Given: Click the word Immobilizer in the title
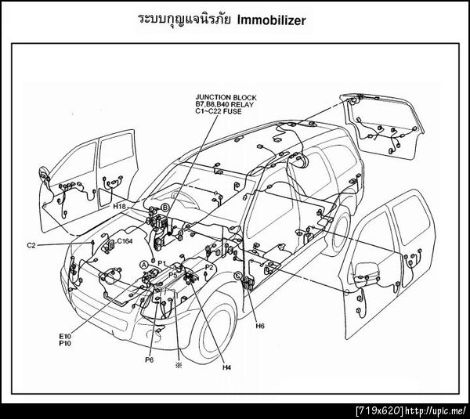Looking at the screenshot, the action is point(272,20).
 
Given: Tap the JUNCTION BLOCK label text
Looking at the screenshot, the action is point(226,97).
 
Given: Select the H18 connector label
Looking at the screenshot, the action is point(120,207).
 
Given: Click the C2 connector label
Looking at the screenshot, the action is point(31,245).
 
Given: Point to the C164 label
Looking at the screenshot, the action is point(125,241).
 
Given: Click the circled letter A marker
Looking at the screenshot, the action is point(144,265).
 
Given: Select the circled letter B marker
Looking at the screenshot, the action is point(165,208).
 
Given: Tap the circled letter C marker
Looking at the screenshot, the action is point(238,275).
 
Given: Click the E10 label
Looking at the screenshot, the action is point(65,336).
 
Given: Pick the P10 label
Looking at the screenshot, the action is point(65,343).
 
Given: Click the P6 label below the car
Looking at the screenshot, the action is point(150,359).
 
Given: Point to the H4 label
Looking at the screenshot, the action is point(227,368).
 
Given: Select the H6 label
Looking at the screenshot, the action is point(260,326).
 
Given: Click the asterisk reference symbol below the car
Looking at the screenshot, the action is point(179,365).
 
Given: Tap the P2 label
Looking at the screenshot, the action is point(209,267).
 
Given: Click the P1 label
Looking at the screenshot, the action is point(162,263).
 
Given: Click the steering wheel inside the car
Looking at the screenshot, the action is point(182,197).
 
